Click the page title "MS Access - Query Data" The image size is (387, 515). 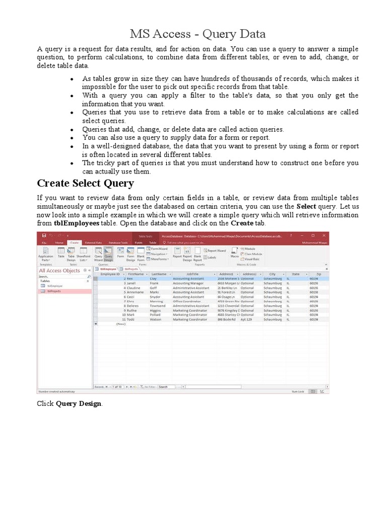[x=198, y=34]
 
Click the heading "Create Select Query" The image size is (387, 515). [x=85, y=183]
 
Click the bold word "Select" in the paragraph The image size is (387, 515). [x=306, y=207]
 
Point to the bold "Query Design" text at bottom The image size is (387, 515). [x=79, y=404]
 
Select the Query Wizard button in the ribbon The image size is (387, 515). [x=98, y=253]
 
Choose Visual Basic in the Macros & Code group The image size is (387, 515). [x=252, y=259]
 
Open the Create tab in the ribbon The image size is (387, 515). [x=75, y=242]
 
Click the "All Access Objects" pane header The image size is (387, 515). [x=60, y=271]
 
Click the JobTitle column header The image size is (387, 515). [x=192, y=274]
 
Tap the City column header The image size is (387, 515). [x=272, y=274]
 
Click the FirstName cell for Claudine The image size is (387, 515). [x=135, y=288]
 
